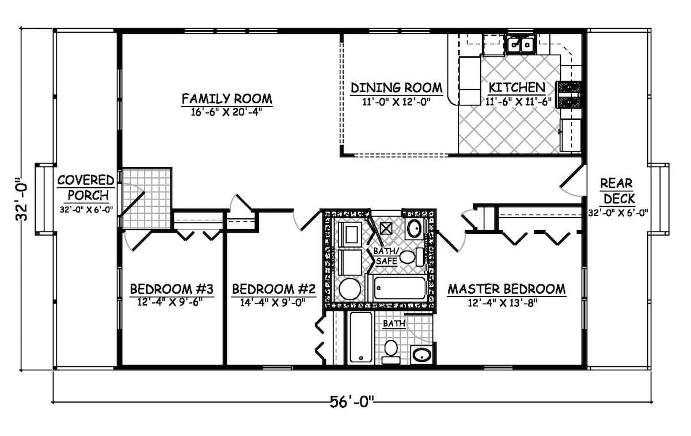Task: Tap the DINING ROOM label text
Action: click(x=397, y=88)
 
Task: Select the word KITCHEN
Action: click(x=516, y=88)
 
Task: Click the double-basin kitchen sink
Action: click(x=521, y=44)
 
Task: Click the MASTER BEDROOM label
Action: click(x=506, y=288)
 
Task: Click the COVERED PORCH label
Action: click(x=85, y=188)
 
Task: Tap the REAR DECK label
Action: click(x=617, y=191)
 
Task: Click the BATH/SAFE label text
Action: click(x=385, y=256)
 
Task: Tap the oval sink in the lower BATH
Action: click(x=422, y=354)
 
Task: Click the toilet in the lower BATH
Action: click(x=391, y=351)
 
